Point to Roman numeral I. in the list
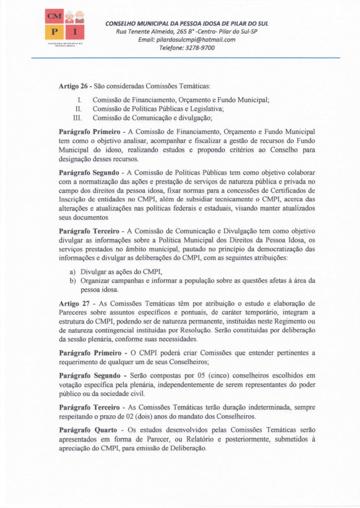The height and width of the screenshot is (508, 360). pos(79,100)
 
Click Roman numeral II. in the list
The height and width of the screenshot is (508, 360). pos(78,109)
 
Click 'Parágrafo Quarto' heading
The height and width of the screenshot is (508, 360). pos(88,429)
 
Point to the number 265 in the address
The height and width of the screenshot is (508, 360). pos(190,32)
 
